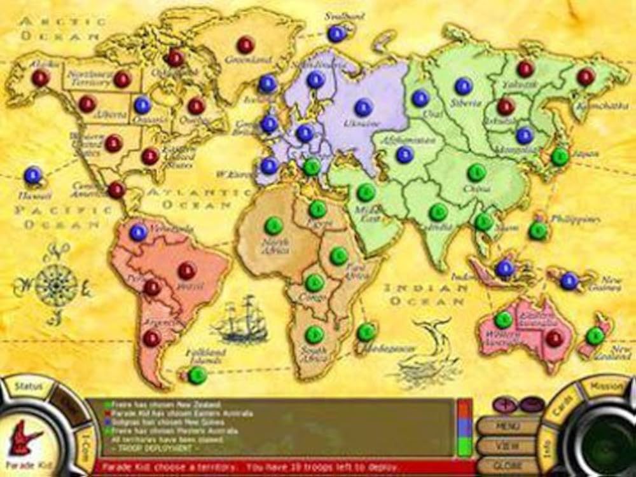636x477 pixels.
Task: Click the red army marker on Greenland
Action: click(x=245, y=45)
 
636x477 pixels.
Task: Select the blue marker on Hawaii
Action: click(x=33, y=175)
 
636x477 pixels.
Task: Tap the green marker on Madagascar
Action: click(x=366, y=331)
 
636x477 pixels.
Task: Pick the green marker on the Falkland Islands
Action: click(x=197, y=375)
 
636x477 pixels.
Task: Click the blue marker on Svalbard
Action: click(x=336, y=34)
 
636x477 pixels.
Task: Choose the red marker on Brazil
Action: click(x=187, y=271)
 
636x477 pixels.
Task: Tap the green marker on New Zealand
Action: click(x=595, y=336)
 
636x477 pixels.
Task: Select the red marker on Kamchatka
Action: click(x=585, y=77)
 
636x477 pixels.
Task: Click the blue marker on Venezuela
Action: click(x=138, y=232)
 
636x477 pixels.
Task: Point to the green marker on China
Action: click(x=476, y=172)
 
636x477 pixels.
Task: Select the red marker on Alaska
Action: click(x=41, y=78)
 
